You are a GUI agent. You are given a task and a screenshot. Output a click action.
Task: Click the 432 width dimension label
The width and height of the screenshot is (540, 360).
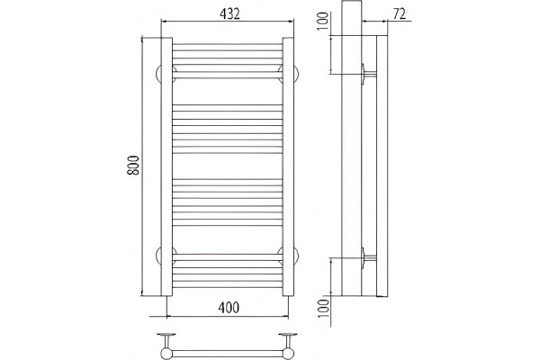click(x=229, y=13)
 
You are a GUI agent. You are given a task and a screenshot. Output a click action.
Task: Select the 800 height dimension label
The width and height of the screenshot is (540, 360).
click(x=133, y=166)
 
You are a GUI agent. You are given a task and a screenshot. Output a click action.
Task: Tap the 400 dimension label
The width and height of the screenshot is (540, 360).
click(x=229, y=308)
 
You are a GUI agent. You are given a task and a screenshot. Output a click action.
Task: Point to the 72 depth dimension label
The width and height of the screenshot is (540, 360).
click(x=400, y=14)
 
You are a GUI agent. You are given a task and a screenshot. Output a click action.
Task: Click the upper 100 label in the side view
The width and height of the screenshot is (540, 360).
click(x=323, y=21)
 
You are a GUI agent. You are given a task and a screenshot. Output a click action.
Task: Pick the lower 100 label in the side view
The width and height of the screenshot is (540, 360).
click(x=323, y=309)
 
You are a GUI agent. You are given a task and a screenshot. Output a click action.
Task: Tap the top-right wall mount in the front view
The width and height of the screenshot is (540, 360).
click(x=296, y=74)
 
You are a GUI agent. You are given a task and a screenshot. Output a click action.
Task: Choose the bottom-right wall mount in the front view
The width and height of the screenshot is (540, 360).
click(x=296, y=256)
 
